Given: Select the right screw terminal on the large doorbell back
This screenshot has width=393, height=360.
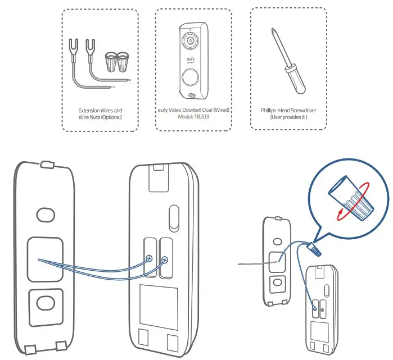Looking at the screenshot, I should tap(165, 259).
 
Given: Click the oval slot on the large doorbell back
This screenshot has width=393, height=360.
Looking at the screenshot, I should tap(174, 217).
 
